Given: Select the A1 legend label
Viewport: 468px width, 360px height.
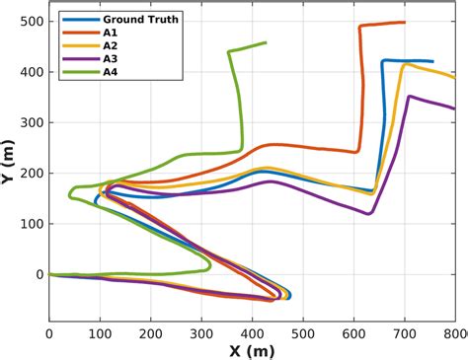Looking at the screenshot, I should click(x=108, y=32).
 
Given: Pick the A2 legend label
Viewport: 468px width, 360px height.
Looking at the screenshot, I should click(x=108, y=44).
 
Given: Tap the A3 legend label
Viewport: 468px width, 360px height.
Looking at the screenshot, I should click(x=108, y=57).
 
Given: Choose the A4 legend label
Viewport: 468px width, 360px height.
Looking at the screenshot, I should click(x=108, y=70).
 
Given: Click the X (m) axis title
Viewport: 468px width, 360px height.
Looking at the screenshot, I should click(x=252, y=350).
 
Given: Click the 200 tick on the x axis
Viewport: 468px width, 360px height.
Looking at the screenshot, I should click(x=150, y=333).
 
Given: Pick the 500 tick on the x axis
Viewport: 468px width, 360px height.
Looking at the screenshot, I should click(x=303, y=333).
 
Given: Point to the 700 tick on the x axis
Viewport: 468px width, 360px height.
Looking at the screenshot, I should click(x=405, y=333).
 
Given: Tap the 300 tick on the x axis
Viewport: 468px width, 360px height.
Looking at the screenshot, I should click(x=201, y=333).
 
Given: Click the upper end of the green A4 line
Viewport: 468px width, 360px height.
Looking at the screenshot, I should click(x=266, y=42).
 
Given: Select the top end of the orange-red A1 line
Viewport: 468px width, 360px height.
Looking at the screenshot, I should click(x=405, y=22).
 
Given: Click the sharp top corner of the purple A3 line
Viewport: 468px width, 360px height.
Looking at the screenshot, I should click(x=409, y=97).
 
